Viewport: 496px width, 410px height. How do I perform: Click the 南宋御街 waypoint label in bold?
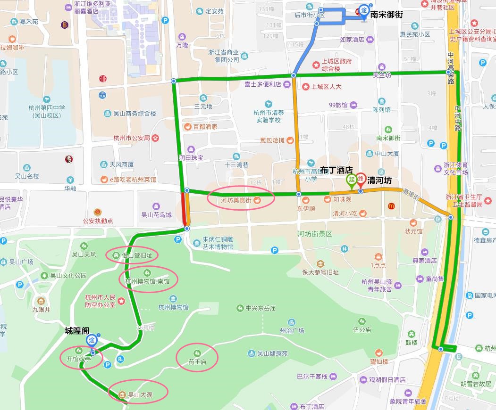[387, 15]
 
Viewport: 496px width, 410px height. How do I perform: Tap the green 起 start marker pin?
[352, 180]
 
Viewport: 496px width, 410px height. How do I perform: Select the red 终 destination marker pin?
[361, 180]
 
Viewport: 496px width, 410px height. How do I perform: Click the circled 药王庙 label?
[197, 362]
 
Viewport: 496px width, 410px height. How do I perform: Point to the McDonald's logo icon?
[391, 206]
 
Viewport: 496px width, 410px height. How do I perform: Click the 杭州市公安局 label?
[132, 138]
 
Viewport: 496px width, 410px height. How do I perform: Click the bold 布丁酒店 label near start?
[336, 170]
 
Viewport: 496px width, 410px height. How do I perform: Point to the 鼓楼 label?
[412, 342]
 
